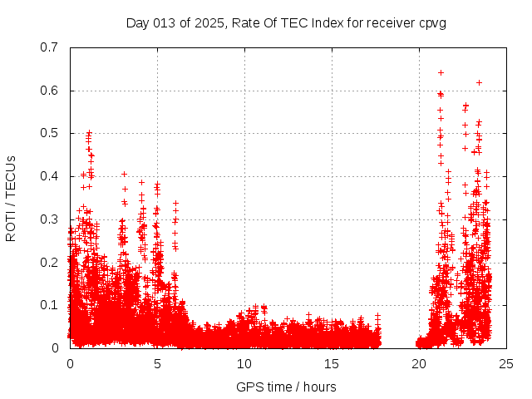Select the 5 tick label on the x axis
coord(157,363)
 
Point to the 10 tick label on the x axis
coord(244,363)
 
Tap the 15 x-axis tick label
coord(332,363)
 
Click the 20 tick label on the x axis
coord(419,363)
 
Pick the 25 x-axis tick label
coord(506,363)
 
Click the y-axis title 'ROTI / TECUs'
coord(11,198)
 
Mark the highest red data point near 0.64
coord(441,72)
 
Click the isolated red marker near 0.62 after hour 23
coord(479,82)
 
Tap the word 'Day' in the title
coord(137,22)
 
